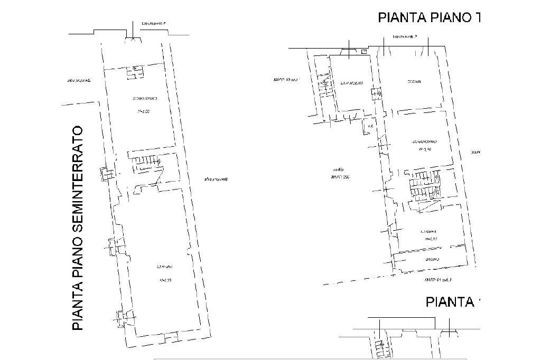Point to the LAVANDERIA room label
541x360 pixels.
[x=351, y=83]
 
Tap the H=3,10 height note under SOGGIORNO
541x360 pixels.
[x=426, y=149]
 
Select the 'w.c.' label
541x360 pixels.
[x=371, y=127]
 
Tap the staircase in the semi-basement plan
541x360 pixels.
[x=146, y=164]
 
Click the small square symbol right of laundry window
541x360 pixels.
[x=363, y=52]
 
